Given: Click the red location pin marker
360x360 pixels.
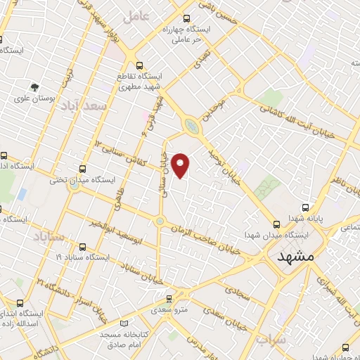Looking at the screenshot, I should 181,166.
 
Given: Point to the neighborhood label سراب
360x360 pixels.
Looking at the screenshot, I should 271,341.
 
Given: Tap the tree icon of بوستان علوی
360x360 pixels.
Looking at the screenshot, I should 34,86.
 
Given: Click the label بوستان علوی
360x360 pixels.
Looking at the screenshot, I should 32,98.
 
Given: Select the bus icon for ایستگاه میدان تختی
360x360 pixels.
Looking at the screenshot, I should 83,169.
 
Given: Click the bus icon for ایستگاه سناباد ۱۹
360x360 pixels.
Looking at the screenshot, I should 83,247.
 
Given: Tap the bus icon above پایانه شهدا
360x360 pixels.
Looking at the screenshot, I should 305,207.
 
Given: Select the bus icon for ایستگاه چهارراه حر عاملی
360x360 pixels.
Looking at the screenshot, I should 186,19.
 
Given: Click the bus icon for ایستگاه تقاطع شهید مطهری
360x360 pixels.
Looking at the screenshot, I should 139,65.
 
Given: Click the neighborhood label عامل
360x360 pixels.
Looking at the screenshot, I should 136,17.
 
